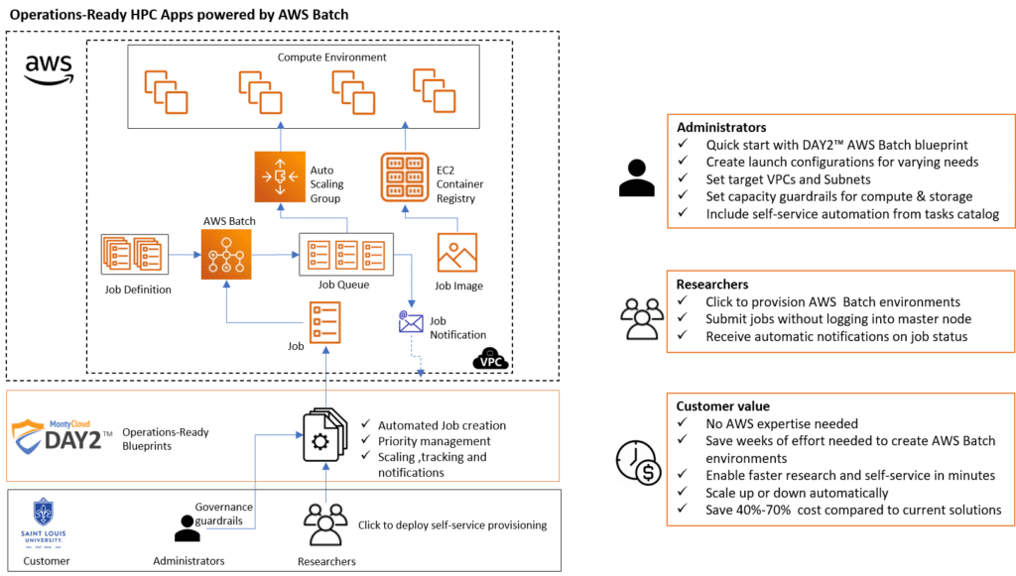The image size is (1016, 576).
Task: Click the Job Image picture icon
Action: click(x=457, y=254)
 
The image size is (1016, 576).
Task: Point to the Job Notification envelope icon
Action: click(x=411, y=321)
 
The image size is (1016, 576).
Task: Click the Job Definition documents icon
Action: click(x=133, y=254)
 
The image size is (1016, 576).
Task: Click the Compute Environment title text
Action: click(x=331, y=58)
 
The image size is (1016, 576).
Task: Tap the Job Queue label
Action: click(x=343, y=286)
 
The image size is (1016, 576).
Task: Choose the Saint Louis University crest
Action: click(x=43, y=515)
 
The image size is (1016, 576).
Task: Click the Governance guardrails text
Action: click(x=224, y=514)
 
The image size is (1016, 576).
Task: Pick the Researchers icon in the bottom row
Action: click(x=326, y=525)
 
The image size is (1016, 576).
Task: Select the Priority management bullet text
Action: click(x=434, y=441)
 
